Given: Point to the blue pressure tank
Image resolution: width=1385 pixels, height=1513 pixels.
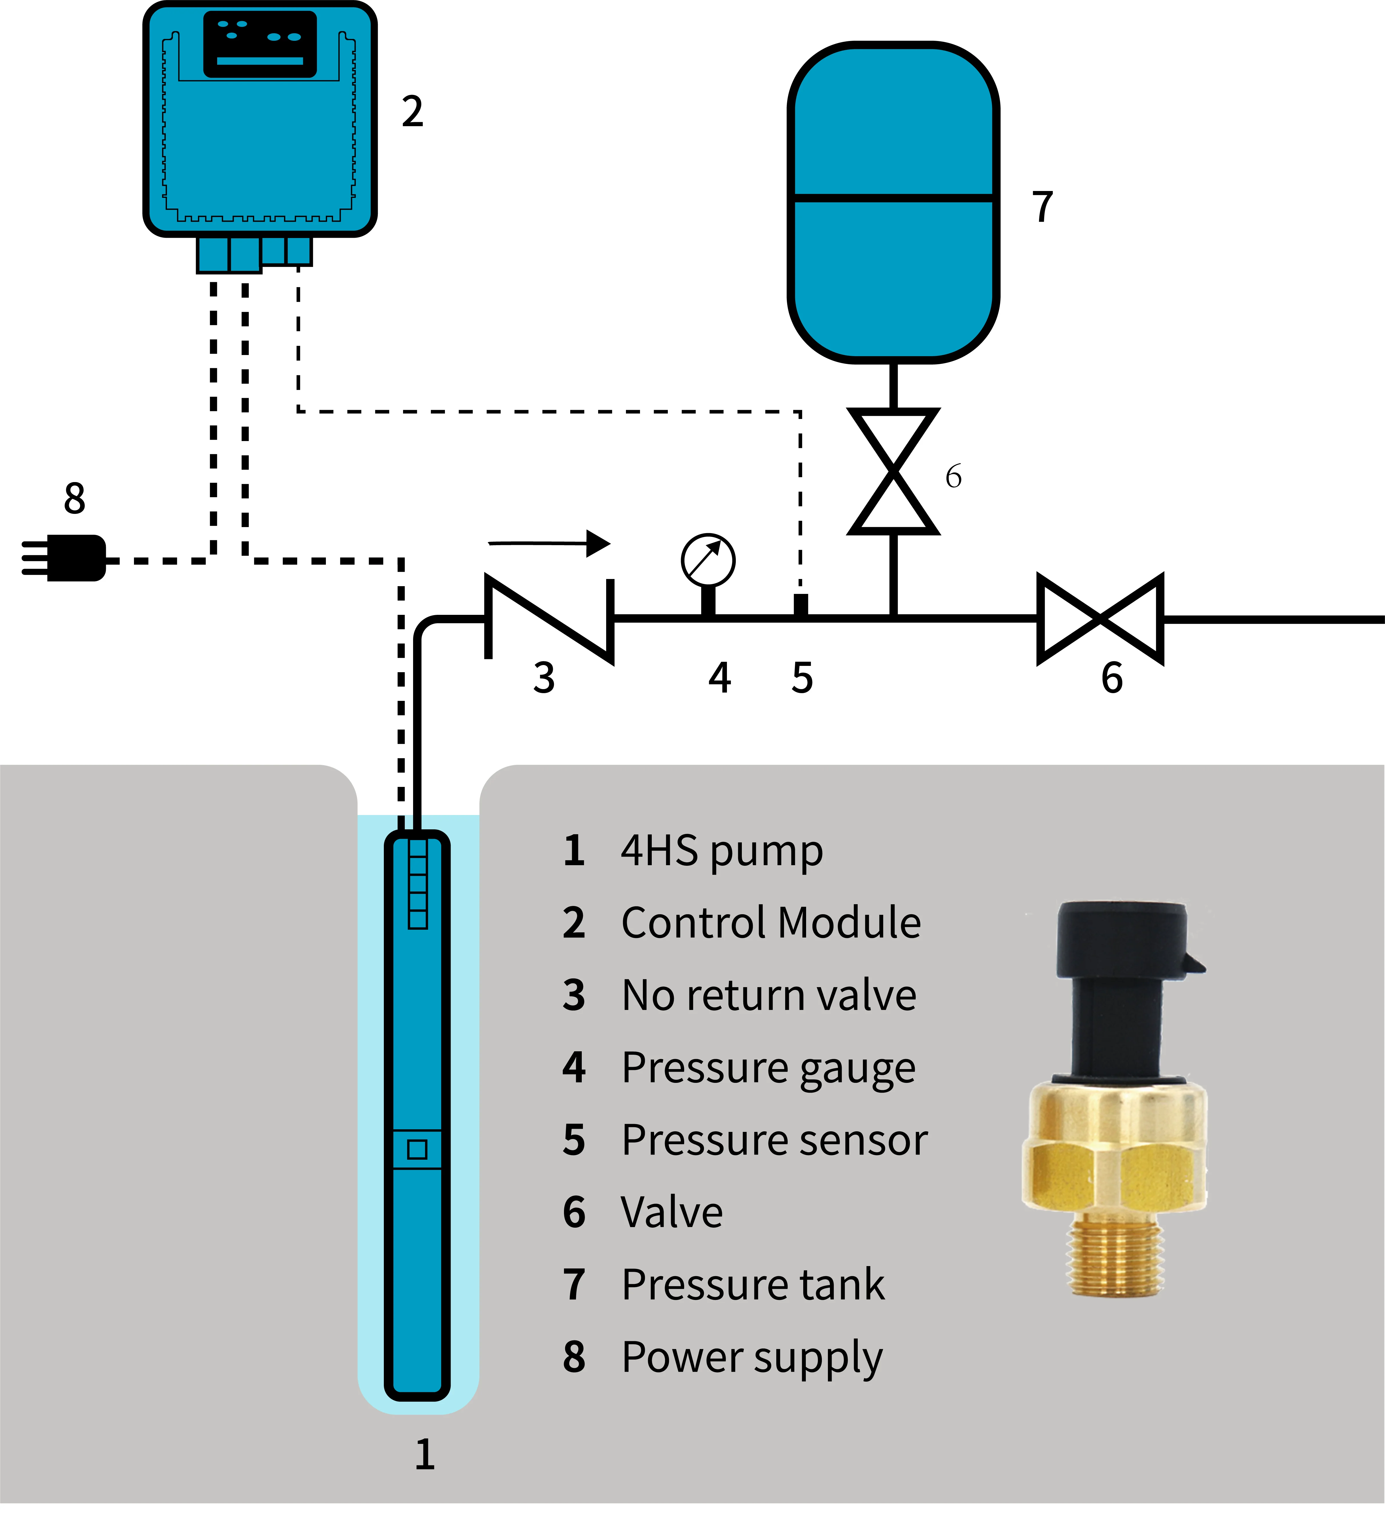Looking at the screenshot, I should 893,203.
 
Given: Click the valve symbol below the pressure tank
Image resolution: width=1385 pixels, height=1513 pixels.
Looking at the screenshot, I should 893,471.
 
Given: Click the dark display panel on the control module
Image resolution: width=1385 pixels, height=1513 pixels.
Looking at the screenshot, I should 260,44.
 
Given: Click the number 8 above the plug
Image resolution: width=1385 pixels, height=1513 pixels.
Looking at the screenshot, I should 74,498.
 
